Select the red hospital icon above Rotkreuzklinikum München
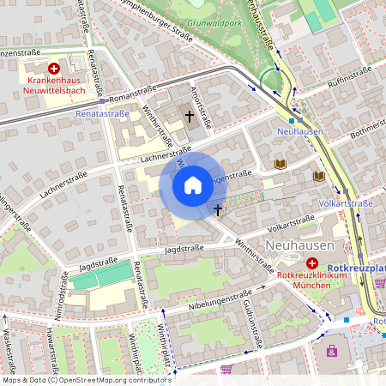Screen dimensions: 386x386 [x=312, y=262]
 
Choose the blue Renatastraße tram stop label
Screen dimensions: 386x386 [x=102, y=113]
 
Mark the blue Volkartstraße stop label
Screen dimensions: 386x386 [x=346, y=204]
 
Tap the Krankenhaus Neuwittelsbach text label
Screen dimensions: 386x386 [x=54, y=83]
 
